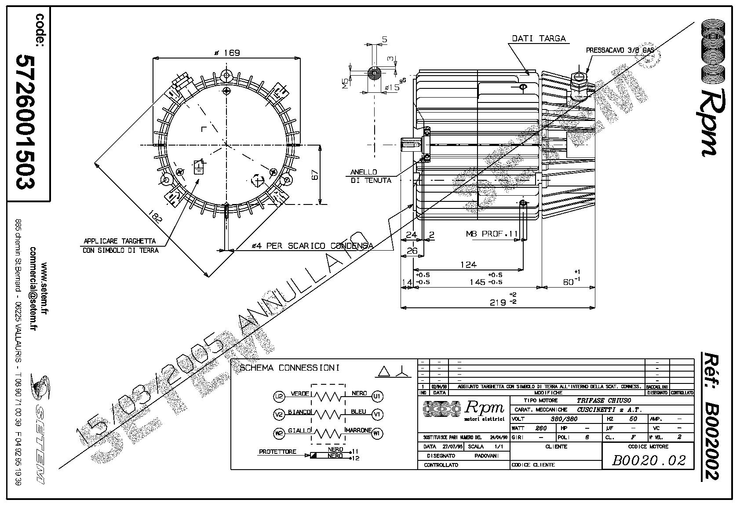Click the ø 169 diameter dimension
226,53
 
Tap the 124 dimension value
468,265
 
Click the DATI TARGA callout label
539,38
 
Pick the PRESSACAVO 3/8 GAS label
620,51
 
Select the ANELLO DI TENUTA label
370,176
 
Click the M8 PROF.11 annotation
492,233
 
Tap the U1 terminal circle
377,396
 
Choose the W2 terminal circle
279,434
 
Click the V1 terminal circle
377,414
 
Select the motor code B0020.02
649,460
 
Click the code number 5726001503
26,122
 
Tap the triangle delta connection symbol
384,372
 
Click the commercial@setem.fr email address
33,288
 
